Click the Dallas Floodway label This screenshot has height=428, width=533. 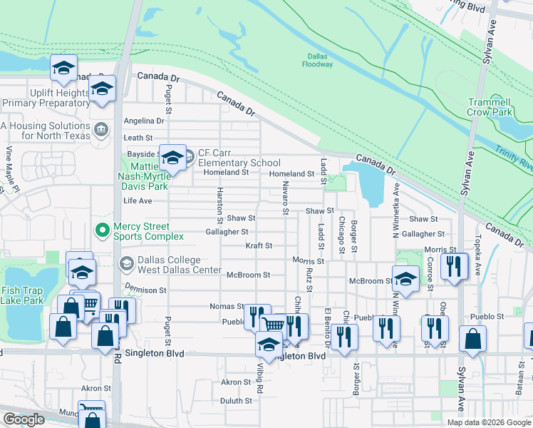(x=317, y=60)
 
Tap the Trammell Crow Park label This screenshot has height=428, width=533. (x=490, y=107)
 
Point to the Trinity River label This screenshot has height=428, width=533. (x=514, y=158)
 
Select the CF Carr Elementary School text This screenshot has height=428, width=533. (x=239, y=158)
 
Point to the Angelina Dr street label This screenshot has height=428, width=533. (x=144, y=121)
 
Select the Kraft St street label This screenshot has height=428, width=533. (x=259, y=246)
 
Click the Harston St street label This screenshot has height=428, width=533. (x=219, y=204)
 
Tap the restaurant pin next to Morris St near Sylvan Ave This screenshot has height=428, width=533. (x=452, y=267)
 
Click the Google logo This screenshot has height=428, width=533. (x=24, y=419)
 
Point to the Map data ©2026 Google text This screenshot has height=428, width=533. (x=488, y=422)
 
